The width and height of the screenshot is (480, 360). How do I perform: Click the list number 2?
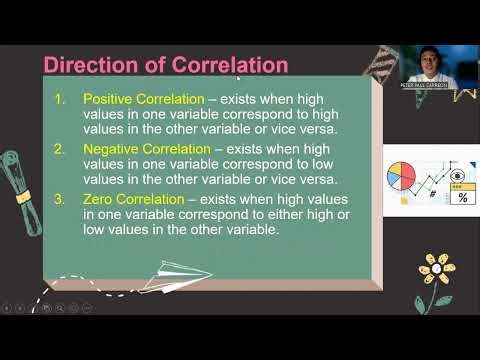tap(60, 149)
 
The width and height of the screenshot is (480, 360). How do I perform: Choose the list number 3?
tap(60, 200)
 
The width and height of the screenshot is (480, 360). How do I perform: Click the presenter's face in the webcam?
tap(428, 62)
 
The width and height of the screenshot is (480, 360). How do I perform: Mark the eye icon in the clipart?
tap(459, 173)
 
